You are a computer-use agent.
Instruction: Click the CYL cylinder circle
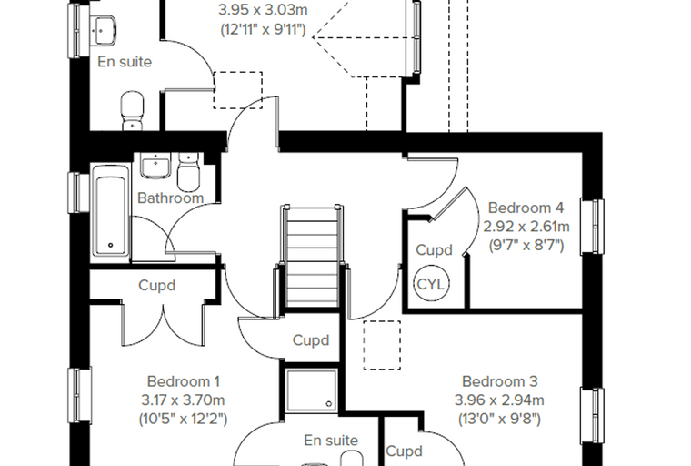click(431, 284)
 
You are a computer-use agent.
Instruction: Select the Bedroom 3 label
click(500, 381)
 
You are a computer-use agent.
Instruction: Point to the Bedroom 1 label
click(184, 381)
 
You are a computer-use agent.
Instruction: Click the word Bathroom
click(171, 198)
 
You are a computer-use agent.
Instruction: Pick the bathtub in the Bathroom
click(110, 215)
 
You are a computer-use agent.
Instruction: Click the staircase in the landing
click(312, 256)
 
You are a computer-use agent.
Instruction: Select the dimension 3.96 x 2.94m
click(499, 400)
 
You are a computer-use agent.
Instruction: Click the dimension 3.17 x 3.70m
click(183, 400)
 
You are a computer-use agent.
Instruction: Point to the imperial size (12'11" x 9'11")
click(263, 29)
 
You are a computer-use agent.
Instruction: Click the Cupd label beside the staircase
click(311, 340)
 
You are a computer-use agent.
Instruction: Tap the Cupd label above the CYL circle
click(434, 250)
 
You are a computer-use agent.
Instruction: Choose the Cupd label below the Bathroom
click(157, 286)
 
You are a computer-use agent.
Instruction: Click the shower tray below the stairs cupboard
click(311, 390)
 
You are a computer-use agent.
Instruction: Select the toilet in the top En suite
click(132, 110)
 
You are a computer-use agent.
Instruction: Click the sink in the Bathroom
click(155, 165)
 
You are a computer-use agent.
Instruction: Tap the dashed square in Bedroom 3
click(382, 345)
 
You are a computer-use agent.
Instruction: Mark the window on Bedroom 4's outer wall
click(593, 227)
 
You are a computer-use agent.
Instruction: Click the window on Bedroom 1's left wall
click(79, 395)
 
